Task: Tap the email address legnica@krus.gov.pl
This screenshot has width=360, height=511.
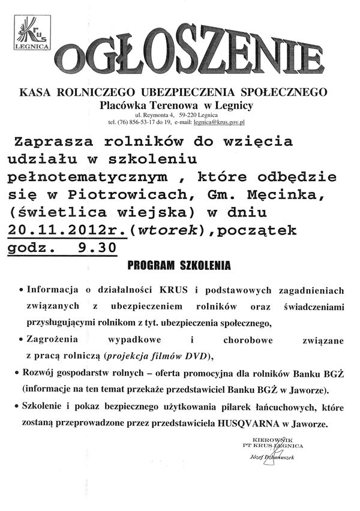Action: [220, 121]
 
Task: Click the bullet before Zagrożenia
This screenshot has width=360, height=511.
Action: [22, 340]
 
